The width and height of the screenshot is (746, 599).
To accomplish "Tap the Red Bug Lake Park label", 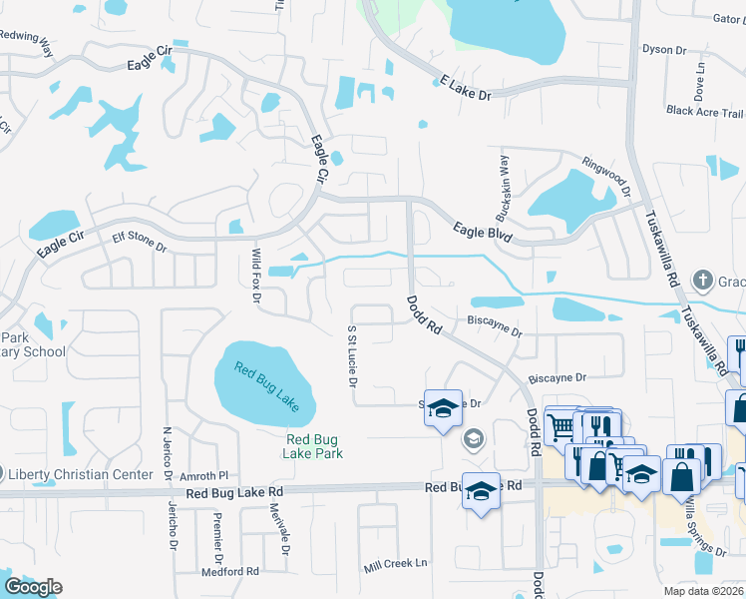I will coord(314,445).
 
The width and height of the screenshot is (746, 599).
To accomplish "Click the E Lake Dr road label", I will coord(466,88).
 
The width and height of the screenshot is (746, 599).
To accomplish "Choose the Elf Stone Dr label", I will coord(139,239).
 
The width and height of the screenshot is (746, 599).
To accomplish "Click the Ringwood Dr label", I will coord(607,175).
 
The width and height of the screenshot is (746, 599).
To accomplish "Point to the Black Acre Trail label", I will coord(705,111).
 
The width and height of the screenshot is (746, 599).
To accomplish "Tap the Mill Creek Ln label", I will coord(395,564).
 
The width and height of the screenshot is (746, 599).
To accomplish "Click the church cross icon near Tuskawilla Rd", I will coord(702,280).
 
